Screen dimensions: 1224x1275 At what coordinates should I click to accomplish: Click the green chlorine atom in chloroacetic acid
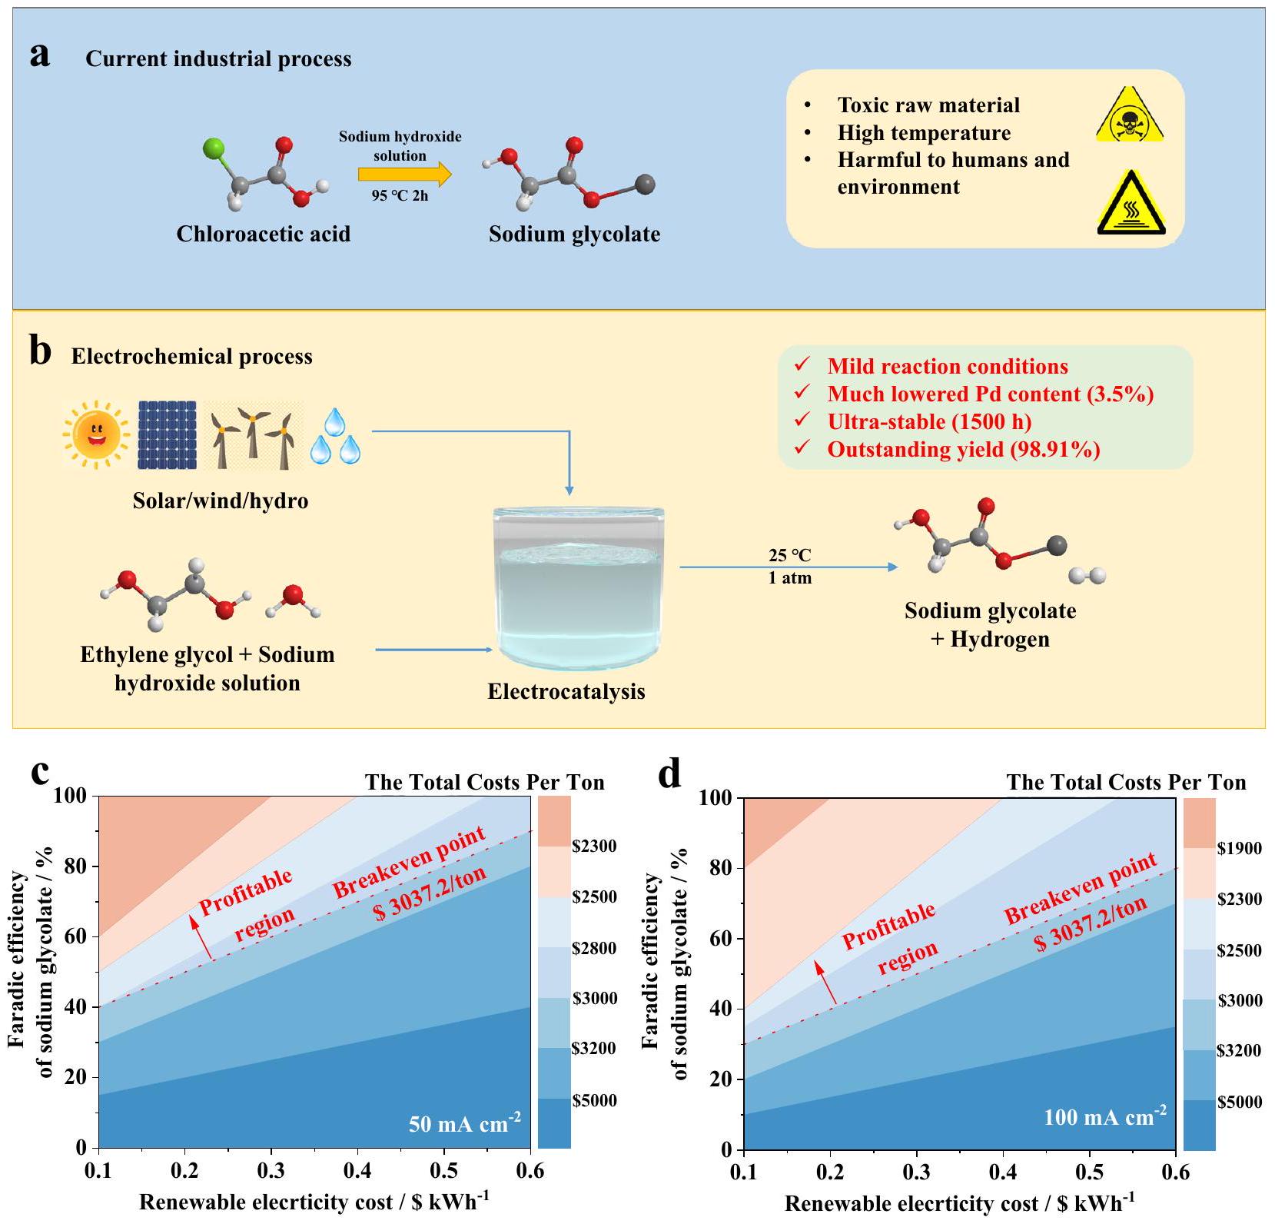[x=214, y=148]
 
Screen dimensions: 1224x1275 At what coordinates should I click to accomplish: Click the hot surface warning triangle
[x=1131, y=203]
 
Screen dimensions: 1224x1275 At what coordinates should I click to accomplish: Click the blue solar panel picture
[x=168, y=434]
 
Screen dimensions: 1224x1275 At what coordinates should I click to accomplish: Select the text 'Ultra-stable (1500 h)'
[x=929, y=421]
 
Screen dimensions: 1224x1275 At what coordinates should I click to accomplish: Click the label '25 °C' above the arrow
[x=789, y=555]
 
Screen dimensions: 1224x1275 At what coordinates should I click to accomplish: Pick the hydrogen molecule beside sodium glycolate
[x=1087, y=576]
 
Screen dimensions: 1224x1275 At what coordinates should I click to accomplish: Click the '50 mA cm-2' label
[x=464, y=1123]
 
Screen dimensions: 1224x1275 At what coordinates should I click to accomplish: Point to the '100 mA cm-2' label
[x=1104, y=1116]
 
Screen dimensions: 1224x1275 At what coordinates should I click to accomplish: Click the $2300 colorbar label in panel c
[x=594, y=846]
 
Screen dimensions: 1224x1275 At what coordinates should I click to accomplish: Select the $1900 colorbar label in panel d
[x=1240, y=848]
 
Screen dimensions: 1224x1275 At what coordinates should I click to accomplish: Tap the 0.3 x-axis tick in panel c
[x=271, y=1170]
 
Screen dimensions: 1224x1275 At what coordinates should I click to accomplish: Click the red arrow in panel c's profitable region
[x=201, y=932]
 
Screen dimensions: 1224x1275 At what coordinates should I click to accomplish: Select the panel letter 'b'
[x=40, y=352]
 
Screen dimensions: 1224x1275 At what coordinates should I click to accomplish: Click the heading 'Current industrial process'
[x=218, y=59]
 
